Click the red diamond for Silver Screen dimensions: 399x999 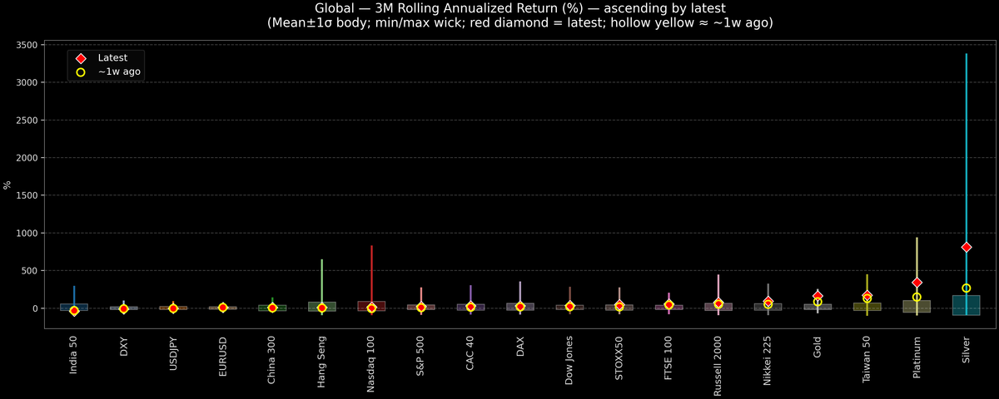[x=966, y=247]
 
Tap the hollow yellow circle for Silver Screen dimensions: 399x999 [x=966, y=288]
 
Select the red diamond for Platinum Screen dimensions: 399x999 [x=917, y=283]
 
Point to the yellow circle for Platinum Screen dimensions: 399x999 [x=917, y=297]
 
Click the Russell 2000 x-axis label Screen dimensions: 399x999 [x=718, y=362]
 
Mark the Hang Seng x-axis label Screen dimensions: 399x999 [x=321, y=358]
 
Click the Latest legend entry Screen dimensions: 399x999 [x=111, y=58]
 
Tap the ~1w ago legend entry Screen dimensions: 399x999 [x=119, y=72]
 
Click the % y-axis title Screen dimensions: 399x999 [x=8, y=185]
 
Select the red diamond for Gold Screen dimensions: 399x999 [x=818, y=296]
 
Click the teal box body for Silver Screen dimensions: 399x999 [x=966, y=305]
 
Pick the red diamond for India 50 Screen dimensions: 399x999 [x=74, y=311]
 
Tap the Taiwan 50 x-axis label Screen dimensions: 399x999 [x=867, y=357]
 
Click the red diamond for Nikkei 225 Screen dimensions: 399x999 [x=768, y=302]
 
